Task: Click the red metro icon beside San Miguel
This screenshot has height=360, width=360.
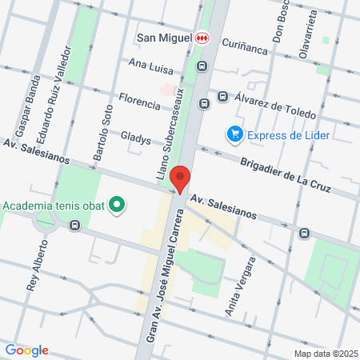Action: coord(202,38)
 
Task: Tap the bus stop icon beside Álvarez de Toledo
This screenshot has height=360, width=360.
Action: coord(223,97)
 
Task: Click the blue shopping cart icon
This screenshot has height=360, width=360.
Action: coord(234,133)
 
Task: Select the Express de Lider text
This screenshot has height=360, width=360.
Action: coord(284,134)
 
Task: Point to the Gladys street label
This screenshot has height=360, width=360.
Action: coord(135,138)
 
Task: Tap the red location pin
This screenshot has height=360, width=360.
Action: coord(181,179)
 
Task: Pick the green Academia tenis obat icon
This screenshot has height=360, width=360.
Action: coord(118,205)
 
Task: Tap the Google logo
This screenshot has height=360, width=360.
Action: coord(26,350)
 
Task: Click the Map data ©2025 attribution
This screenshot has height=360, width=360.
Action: coord(324,354)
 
